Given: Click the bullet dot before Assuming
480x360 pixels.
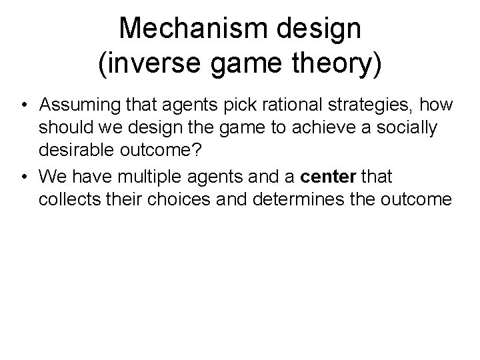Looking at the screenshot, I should [x=24, y=106].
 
